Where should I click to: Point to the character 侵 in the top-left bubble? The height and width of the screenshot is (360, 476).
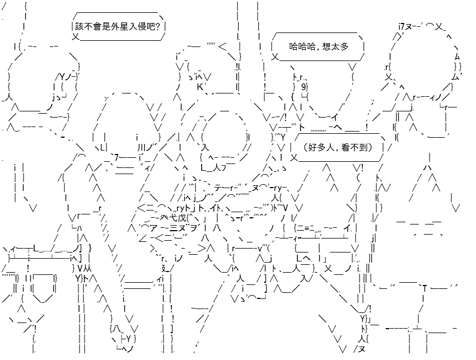click(x=142, y=27)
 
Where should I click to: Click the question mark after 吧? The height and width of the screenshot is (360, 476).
click(x=157, y=27)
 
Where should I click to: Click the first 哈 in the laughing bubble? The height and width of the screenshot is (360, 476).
click(x=293, y=46)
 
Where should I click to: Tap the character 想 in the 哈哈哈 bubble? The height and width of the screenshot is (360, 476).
click(x=327, y=46)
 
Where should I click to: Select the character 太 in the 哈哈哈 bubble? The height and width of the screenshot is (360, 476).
click(x=335, y=46)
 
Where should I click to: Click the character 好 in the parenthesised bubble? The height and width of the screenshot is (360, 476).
click(x=312, y=147)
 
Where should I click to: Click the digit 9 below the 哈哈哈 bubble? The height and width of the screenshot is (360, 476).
click(x=304, y=87)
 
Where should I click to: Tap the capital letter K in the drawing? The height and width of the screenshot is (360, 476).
click(x=200, y=87)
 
